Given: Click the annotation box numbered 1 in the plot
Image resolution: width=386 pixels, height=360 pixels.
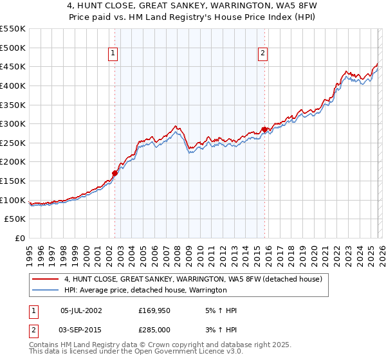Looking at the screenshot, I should tap(113, 54).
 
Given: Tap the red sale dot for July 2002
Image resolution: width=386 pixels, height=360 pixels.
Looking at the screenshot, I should tap(115, 172).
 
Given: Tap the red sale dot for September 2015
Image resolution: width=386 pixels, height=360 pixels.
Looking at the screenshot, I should tap(264, 129).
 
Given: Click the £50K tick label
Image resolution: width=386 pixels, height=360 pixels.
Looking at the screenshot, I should tap(15, 219).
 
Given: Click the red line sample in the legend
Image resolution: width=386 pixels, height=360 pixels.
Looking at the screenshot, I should tap(46, 279).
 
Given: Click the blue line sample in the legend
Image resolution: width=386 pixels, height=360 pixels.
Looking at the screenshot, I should tap(46, 291).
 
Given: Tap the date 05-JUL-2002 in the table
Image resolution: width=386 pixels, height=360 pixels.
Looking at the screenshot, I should tap(80, 310).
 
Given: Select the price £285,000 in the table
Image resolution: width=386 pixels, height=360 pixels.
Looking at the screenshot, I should tap(155, 330).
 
